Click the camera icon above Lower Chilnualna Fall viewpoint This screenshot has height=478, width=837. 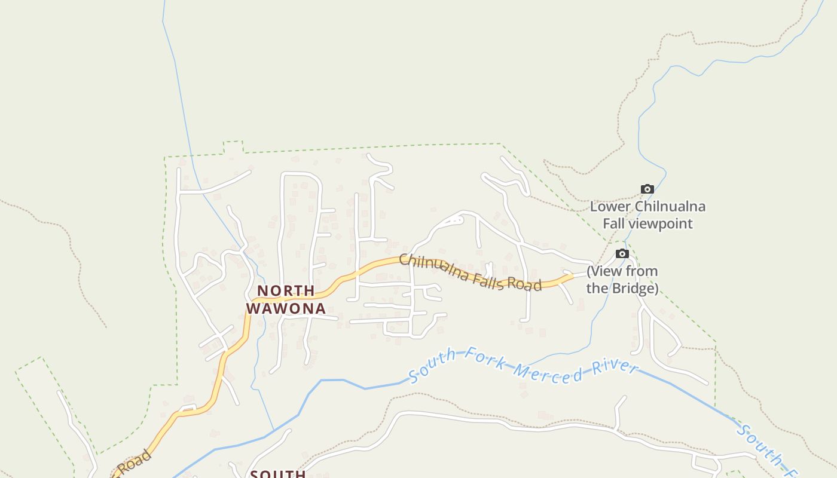647,189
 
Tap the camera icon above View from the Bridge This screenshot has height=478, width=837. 622,254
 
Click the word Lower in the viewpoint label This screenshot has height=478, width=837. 610,207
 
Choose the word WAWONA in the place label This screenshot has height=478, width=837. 286,309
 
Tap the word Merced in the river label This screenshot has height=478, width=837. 548,372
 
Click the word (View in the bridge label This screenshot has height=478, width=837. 604,271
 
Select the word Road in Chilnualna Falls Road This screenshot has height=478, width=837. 525,284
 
